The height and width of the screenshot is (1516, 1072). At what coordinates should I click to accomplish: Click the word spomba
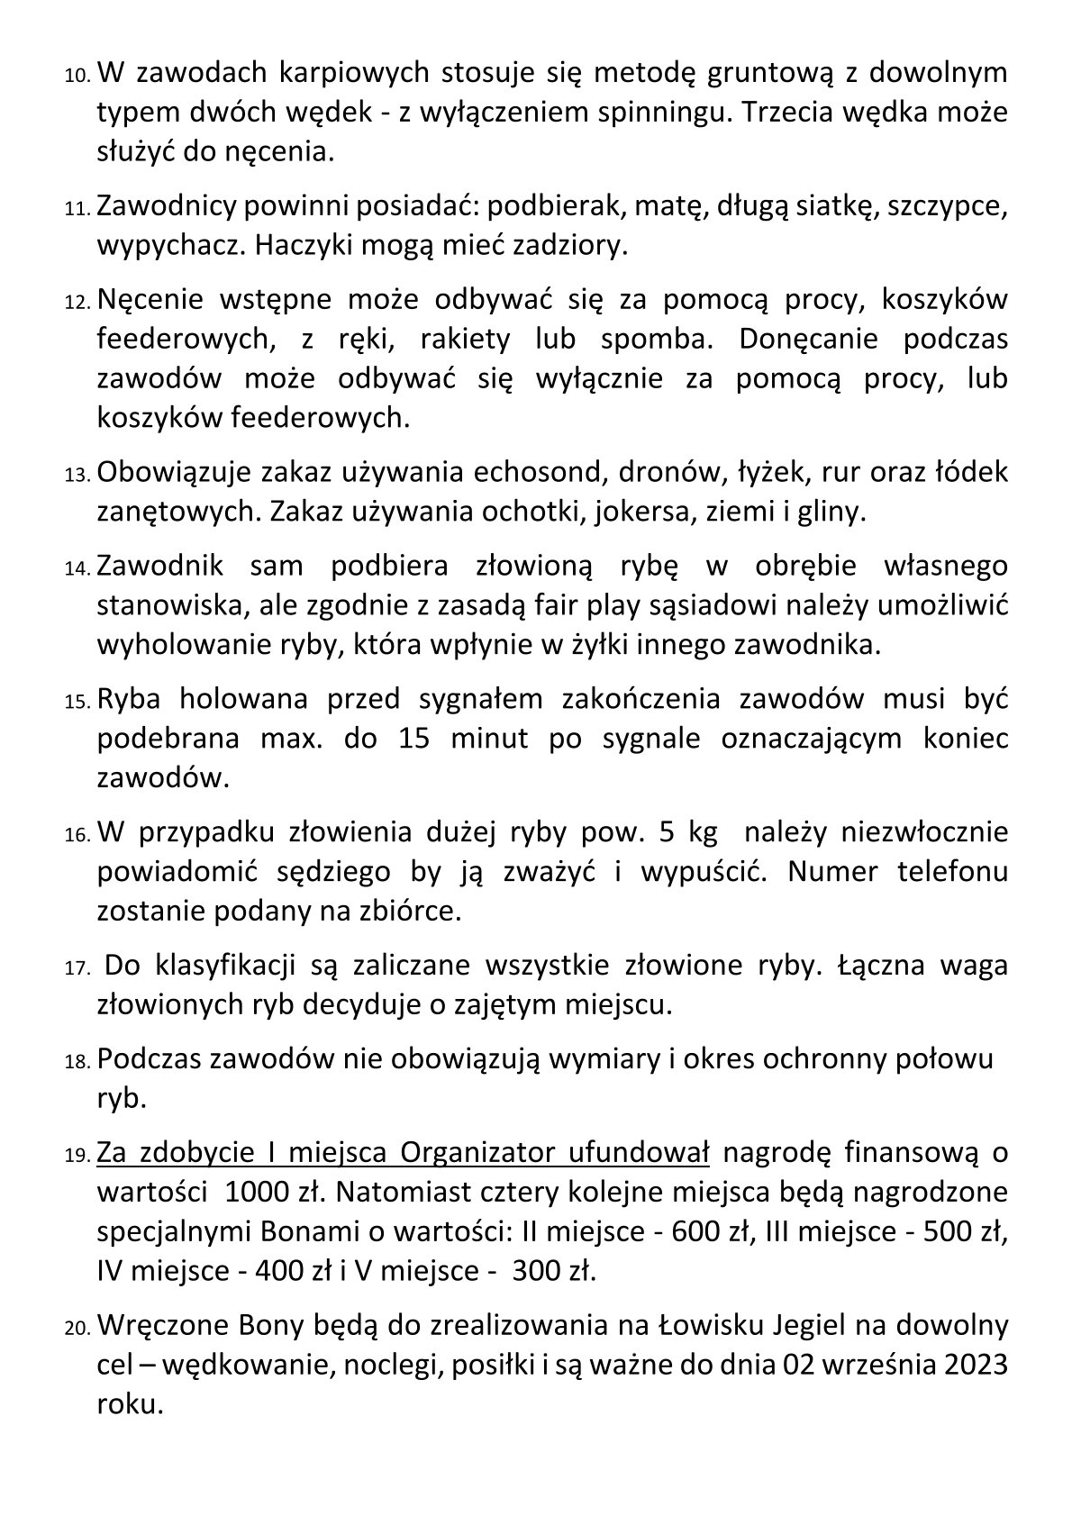[x=654, y=340]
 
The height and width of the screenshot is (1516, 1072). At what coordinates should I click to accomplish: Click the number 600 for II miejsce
[x=688, y=1231]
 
